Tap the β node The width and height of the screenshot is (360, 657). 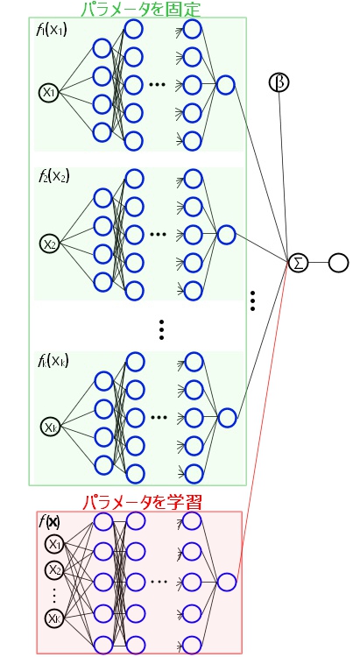pyautogui.click(x=279, y=83)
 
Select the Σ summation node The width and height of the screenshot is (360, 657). pyautogui.click(x=299, y=262)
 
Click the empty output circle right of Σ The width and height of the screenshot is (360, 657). pyautogui.click(x=338, y=262)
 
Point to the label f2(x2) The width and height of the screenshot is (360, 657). pyautogui.click(x=53, y=175)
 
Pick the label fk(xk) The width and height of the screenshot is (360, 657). pyautogui.click(x=53, y=360)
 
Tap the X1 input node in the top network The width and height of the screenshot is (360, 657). pyautogui.click(x=48, y=92)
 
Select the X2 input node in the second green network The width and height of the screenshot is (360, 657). pyautogui.click(x=50, y=243)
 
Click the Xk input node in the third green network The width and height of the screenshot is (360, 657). pyautogui.click(x=50, y=427)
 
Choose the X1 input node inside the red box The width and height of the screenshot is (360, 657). pyautogui.click(x=55, y=544)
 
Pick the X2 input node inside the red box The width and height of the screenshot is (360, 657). pyautogui.click(x=55, y=569)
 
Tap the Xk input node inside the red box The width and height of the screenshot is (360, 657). pyautogui.click(x=55, y=618)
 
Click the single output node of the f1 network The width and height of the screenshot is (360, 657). pyautogui.click(x=225, y=85)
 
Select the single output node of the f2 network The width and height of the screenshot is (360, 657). pyautogui.click(x=225, y=234)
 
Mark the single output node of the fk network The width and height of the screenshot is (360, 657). pyautogui.click(x=225, y=418)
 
